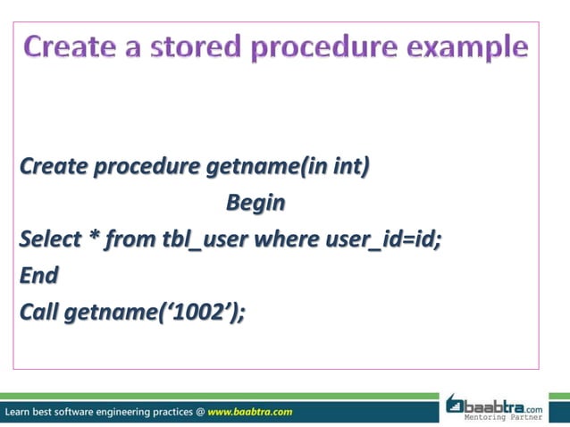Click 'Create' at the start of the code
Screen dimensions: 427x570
tap(54, 167)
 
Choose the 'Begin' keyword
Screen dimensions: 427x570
tap(256, 204)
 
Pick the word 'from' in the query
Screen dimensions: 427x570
tap(130, 240)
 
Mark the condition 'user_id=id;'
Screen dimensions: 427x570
tap(383, 240)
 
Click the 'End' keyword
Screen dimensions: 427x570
tap(39, 276)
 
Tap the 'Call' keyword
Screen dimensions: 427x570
tap(39, 313)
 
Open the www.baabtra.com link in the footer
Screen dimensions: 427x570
tap(249, 412)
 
